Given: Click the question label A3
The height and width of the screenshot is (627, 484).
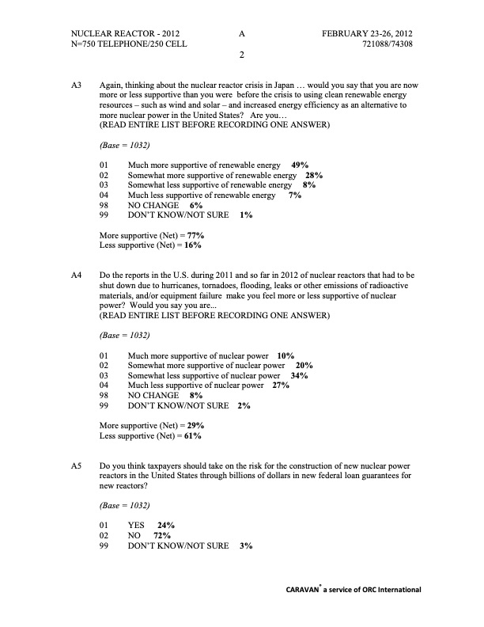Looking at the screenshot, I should (x=77, y=83).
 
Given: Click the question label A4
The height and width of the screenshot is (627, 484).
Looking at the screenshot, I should (x=77, y=275).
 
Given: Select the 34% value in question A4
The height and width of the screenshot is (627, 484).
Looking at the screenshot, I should (x=299, y=375).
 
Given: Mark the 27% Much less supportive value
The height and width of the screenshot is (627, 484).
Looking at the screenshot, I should (x=280, y=386).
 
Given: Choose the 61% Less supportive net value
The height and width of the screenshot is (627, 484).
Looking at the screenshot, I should (x=193, y=436).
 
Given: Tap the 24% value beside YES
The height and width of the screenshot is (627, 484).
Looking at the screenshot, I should (x=166, y=525).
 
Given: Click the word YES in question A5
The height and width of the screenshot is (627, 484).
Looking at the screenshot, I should (x=137, y=525).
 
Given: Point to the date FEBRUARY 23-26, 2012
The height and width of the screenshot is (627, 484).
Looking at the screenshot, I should (x=367, y=33).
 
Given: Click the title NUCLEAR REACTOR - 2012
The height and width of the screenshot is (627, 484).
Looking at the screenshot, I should (x=125, y=33).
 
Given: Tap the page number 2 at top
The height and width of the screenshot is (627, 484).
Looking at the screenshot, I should (x=241, y=55).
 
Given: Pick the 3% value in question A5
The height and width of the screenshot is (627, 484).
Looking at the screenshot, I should (x=245, y=546).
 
